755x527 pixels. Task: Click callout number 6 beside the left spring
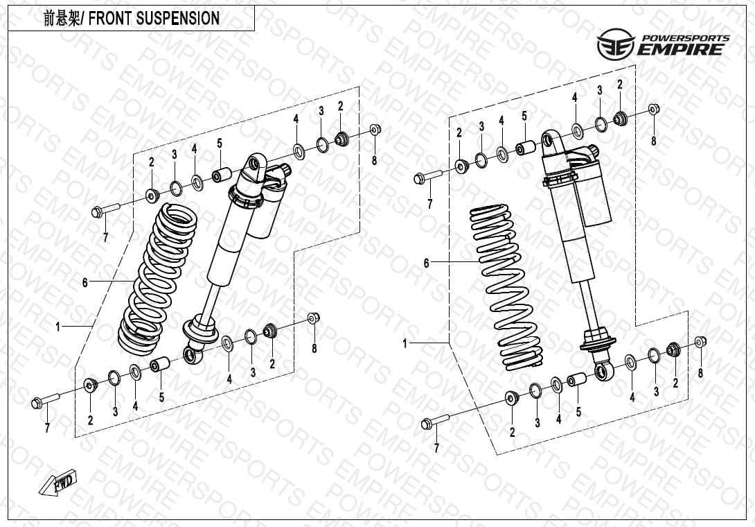[85, 282]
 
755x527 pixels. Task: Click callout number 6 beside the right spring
[427, 263]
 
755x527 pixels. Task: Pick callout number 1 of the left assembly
[59, 325]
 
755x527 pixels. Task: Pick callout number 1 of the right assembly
[406, 343]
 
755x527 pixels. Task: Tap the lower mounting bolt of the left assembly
[46, 401]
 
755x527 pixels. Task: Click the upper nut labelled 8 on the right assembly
[654, 110]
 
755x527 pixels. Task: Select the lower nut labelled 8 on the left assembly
[312, 318]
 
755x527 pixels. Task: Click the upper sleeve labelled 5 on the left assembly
[220, 175]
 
